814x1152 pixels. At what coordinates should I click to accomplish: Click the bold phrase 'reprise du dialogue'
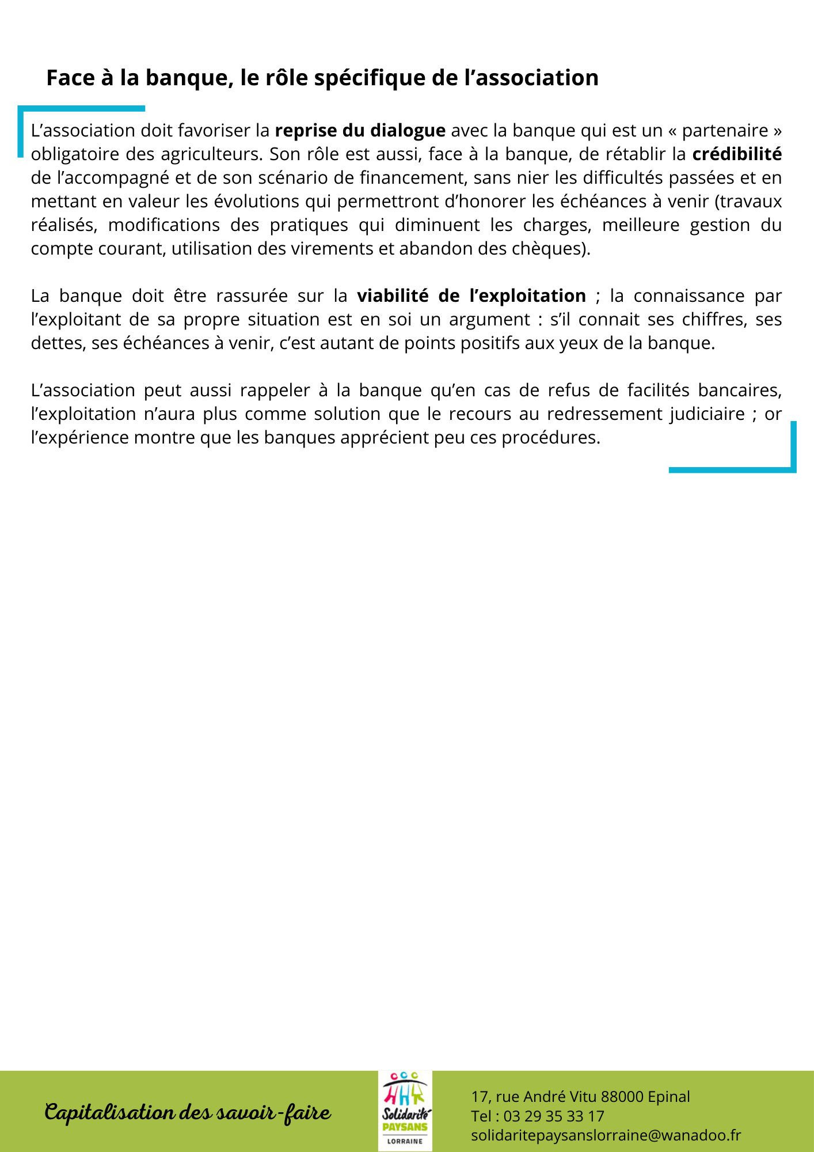tap(360, 131)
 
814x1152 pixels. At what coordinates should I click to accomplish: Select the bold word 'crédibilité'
tap(737, 154)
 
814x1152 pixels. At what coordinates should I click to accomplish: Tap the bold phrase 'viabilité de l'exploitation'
tap(471, 296)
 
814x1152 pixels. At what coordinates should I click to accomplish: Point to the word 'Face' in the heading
tap(70, 78)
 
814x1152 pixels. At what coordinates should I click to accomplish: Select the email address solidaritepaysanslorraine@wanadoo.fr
tap(606, 1135)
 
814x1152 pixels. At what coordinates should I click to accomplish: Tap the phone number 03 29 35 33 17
tap(554, 1116)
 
